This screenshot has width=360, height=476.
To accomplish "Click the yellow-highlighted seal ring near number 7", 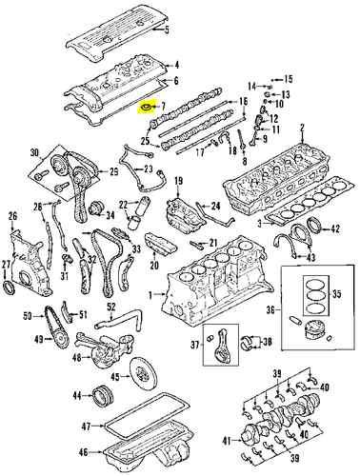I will click(x=148, y=109).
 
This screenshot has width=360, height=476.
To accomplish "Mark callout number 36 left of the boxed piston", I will click(x=271, y=309).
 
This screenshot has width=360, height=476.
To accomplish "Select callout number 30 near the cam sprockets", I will click(x=35, y=151).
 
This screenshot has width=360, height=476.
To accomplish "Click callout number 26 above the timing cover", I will click(x=12, y=217).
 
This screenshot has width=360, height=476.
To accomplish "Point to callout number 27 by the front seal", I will click(x=7, y=264).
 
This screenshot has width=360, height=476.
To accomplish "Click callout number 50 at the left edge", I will click(x=27, y=315).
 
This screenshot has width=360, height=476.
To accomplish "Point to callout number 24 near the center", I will click(x=214, y=205).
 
